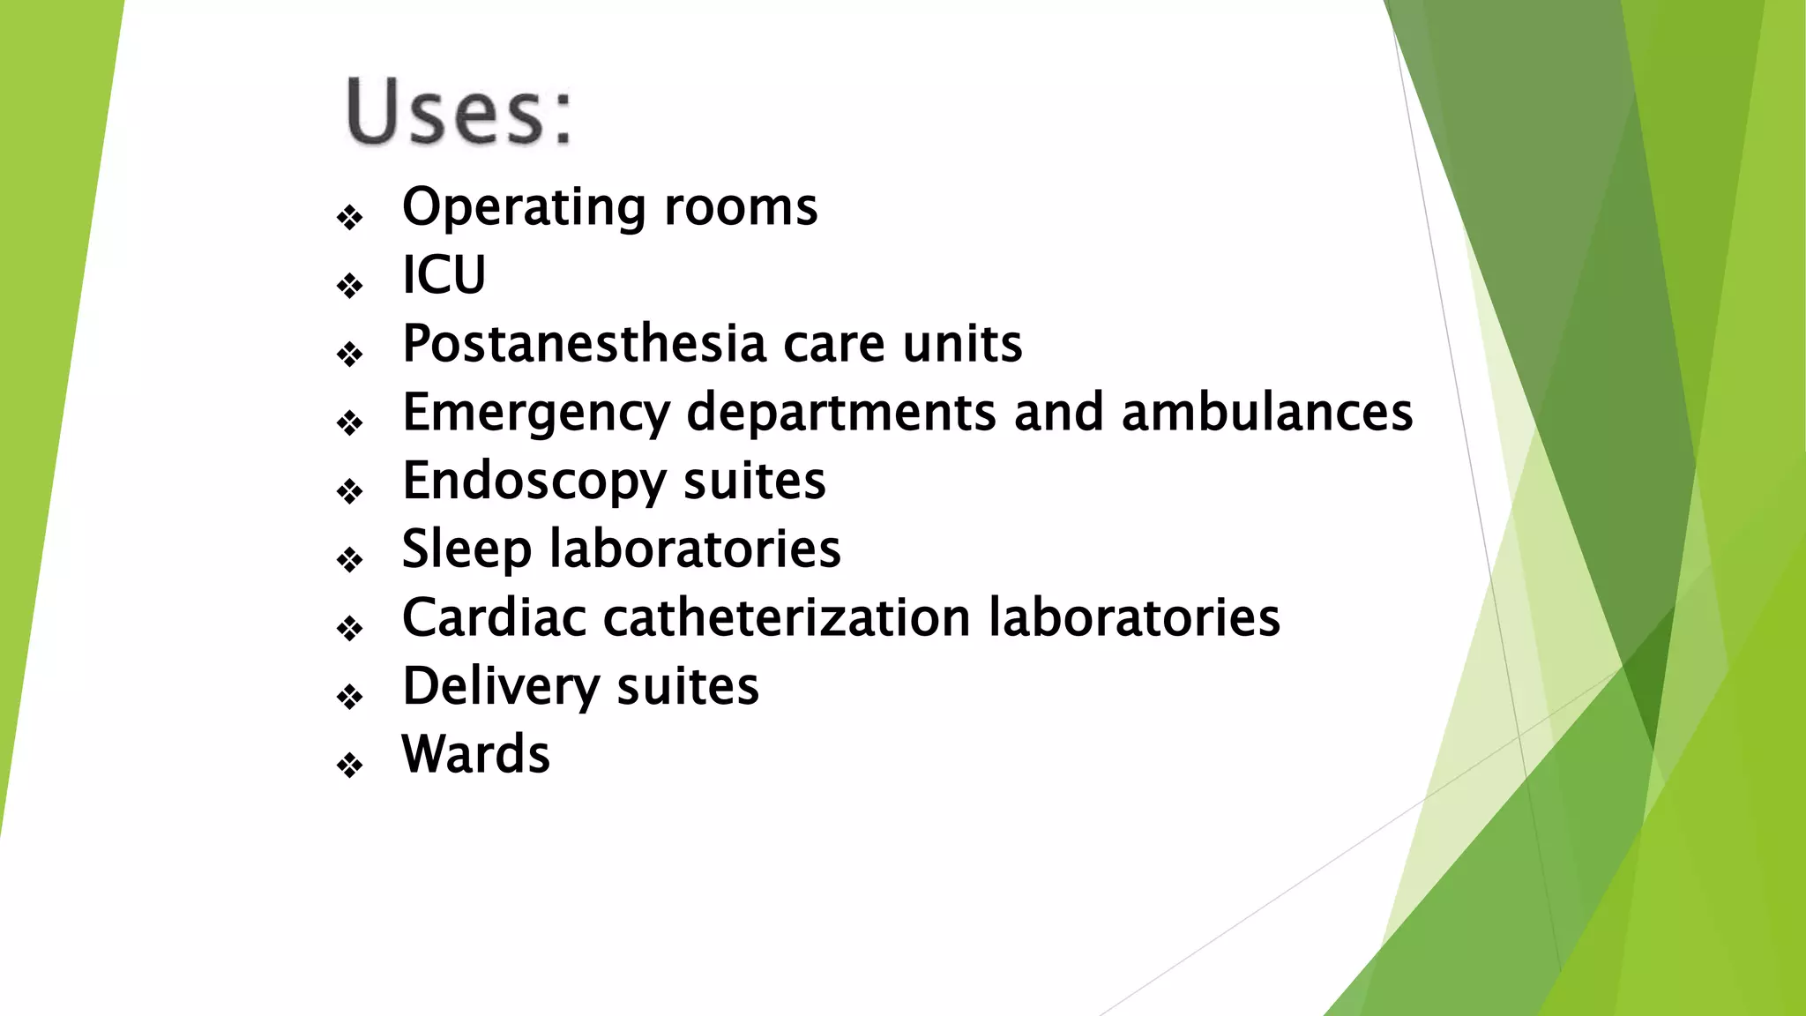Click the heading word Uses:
coord(459,112)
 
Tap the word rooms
coord(741,208)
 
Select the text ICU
coord(444,275)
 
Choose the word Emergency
coord(536,413)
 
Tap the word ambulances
coord(1266,412)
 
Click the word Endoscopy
coord(534,482)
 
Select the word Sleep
coord(466,549)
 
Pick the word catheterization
coord(787,617)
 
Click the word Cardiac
coord(494,617)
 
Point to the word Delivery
coord(501,686)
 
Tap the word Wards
coord(475,755)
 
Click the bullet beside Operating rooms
coord(350,217)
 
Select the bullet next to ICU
coord(350,286)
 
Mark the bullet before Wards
coord(350,765)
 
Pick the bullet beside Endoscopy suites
coord(350,491)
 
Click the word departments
coord(841,413)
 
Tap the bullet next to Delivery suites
coord(350,697)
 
